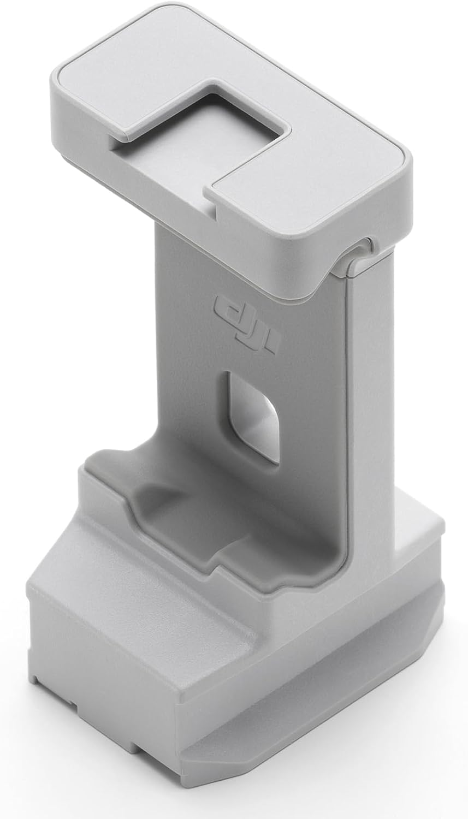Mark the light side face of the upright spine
click(x=377, y=382)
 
